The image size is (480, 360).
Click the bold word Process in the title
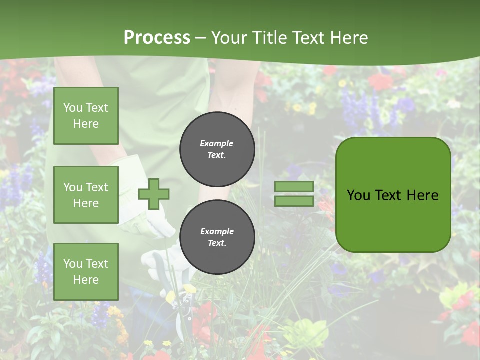pyautogui.click(x=157, y=37)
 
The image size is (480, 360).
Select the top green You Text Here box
pyautogui.click(x=86, y=116)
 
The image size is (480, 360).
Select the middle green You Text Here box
pyautogui.click(x=86, y=195)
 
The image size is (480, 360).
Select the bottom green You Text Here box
pyautogui.click(x=86, y=271)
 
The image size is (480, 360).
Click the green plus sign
pyautogui.click(x=154, y=194)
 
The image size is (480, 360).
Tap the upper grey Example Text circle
pyautogui.click(x=217, y=149)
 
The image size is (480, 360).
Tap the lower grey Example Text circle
pyautogui.click(x=217, y=237)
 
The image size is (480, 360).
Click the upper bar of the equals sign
pyautogui.click(x=294, y=187)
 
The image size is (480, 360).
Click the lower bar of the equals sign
pyautogui.click(x=294, y=201)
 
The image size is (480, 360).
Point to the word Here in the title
pyautogui.click(x=350, y=37)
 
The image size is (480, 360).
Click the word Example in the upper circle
pyautogui.click(x=217, y=143)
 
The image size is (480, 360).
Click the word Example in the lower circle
pyautogui.click(x=217, y=231)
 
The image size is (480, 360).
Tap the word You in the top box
pyautogui.click(x=73, y=108)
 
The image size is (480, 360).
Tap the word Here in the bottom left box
pyautogui.click(x=86, y=280)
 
